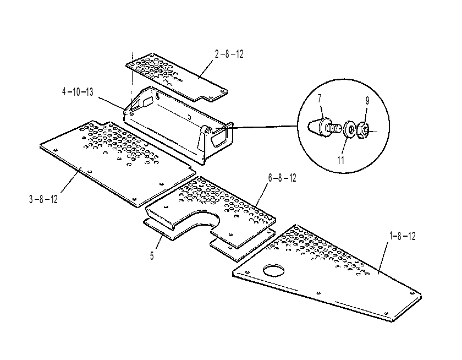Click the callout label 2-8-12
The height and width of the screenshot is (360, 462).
(229, 54)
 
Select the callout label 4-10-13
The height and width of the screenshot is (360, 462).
(78, 92)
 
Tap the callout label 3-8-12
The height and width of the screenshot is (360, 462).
(43, 199)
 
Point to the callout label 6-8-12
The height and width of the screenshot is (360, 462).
(282, 178)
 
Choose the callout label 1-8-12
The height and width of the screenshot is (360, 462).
(403, 236)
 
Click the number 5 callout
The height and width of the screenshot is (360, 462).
(152, 255)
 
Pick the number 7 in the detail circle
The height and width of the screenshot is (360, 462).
(320, 99)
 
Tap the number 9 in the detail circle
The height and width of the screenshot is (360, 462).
(367, 101)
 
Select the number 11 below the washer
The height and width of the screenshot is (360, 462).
(340, 160)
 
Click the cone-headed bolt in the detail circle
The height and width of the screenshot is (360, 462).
(323, 127)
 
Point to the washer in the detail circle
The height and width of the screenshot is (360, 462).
(350, 129)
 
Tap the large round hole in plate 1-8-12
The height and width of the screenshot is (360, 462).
(274, 270)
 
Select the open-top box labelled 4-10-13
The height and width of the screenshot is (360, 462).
(179, 124)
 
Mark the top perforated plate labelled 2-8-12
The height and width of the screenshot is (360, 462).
(177, 78)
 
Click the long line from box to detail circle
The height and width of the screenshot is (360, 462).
(256, 127)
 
